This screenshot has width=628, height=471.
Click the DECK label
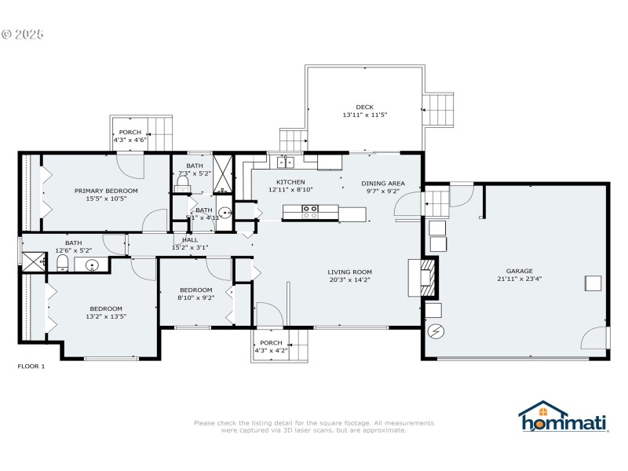click(x=364, y=107)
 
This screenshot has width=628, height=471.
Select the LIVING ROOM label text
click(x=349, y=272)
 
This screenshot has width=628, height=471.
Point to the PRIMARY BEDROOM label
click(x=106, y=191)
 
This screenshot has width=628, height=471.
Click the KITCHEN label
click(x=290, y=182)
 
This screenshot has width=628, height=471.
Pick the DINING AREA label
click(x=382, y=182)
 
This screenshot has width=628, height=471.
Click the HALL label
click(x=190, y=239)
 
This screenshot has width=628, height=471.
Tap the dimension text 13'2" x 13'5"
click(x=106, y=316)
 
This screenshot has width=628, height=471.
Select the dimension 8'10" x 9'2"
click(x=195, y=298)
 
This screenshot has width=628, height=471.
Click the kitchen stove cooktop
click(x=310, y=210)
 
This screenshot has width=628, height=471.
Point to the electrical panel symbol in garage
click(x=434, y=330)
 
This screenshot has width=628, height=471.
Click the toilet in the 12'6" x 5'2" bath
click(x=63, y=262)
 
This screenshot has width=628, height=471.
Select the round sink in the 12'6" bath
click(x=92, y=265)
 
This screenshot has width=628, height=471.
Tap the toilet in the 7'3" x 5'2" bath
click(x=182, y=184)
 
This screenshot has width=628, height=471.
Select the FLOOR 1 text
click(x=31, y=367)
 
